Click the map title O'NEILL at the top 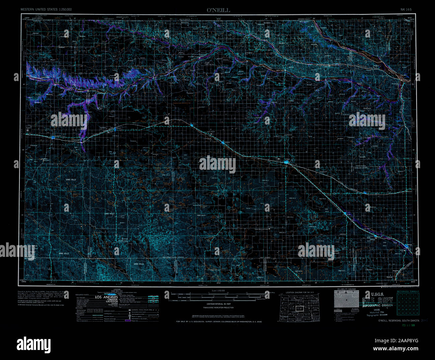218,10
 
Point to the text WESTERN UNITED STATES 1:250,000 46,10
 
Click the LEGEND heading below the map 117,289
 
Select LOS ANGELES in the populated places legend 106,297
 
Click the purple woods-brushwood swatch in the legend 127,320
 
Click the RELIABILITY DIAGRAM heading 346,289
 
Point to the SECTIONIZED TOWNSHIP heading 408,291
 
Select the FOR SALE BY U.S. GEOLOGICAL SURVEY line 219,321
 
